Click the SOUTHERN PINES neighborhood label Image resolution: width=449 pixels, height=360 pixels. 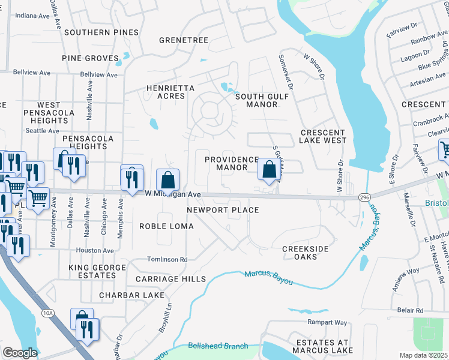(101, 32)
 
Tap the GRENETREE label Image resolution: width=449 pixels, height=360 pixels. (183, 40)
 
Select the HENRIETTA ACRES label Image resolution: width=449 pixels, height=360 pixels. (171, 92)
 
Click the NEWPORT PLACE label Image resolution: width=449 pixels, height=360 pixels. (223, 210)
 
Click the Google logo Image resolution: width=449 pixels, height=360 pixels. (19, 353)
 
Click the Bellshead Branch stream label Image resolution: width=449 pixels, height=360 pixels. (218, 346)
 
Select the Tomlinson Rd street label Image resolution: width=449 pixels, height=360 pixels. (167, 260)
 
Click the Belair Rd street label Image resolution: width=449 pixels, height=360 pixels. (410, 310)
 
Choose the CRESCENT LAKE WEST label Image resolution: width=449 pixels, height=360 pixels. (323, 136)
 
